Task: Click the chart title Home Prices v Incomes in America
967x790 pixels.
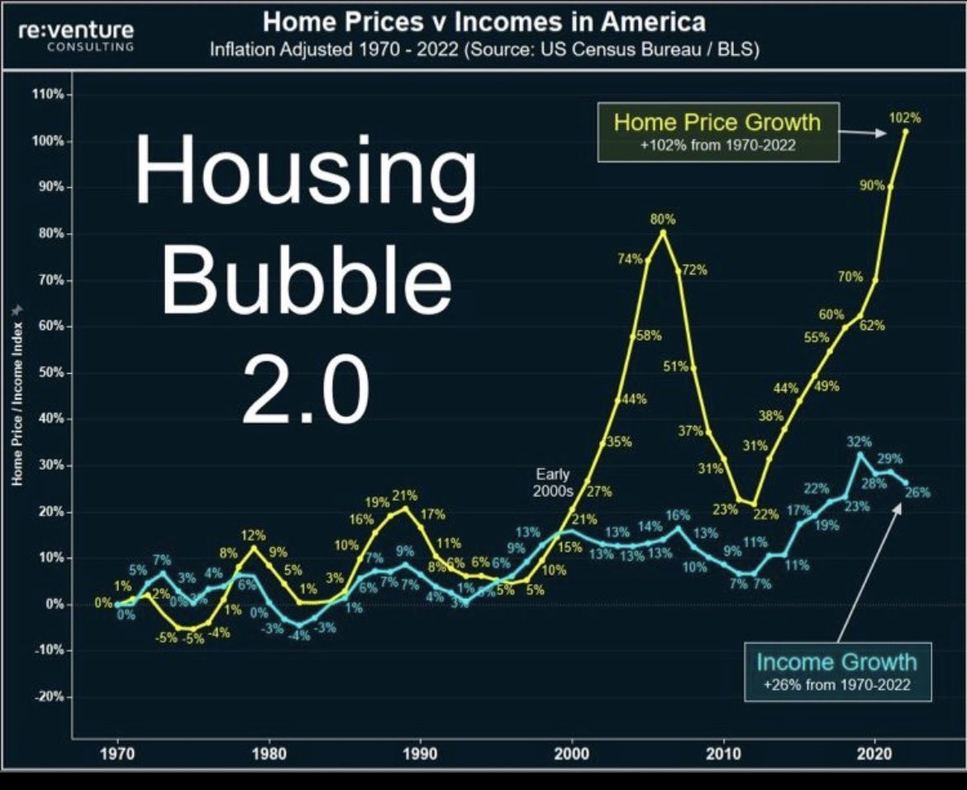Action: [x=483, y=21]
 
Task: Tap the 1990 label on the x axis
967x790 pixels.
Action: [x=420, y=754]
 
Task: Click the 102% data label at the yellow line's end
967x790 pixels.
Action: [x=904, y=118]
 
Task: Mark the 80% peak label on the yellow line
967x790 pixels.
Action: [x=663, y=219]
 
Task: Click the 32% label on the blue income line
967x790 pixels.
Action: [x=860, y=443]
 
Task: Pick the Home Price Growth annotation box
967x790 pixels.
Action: [x=717, y=132]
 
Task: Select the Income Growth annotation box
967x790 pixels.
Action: [x=836, y=671]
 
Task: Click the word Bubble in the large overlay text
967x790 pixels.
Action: [x=307, y=277]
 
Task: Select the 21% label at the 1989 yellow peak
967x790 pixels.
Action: [x=405, y=496]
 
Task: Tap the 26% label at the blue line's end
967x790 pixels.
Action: [x=917, y=492]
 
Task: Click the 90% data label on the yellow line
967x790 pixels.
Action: [x=871, y=186]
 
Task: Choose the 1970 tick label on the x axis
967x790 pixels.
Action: [x=117, y=754]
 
